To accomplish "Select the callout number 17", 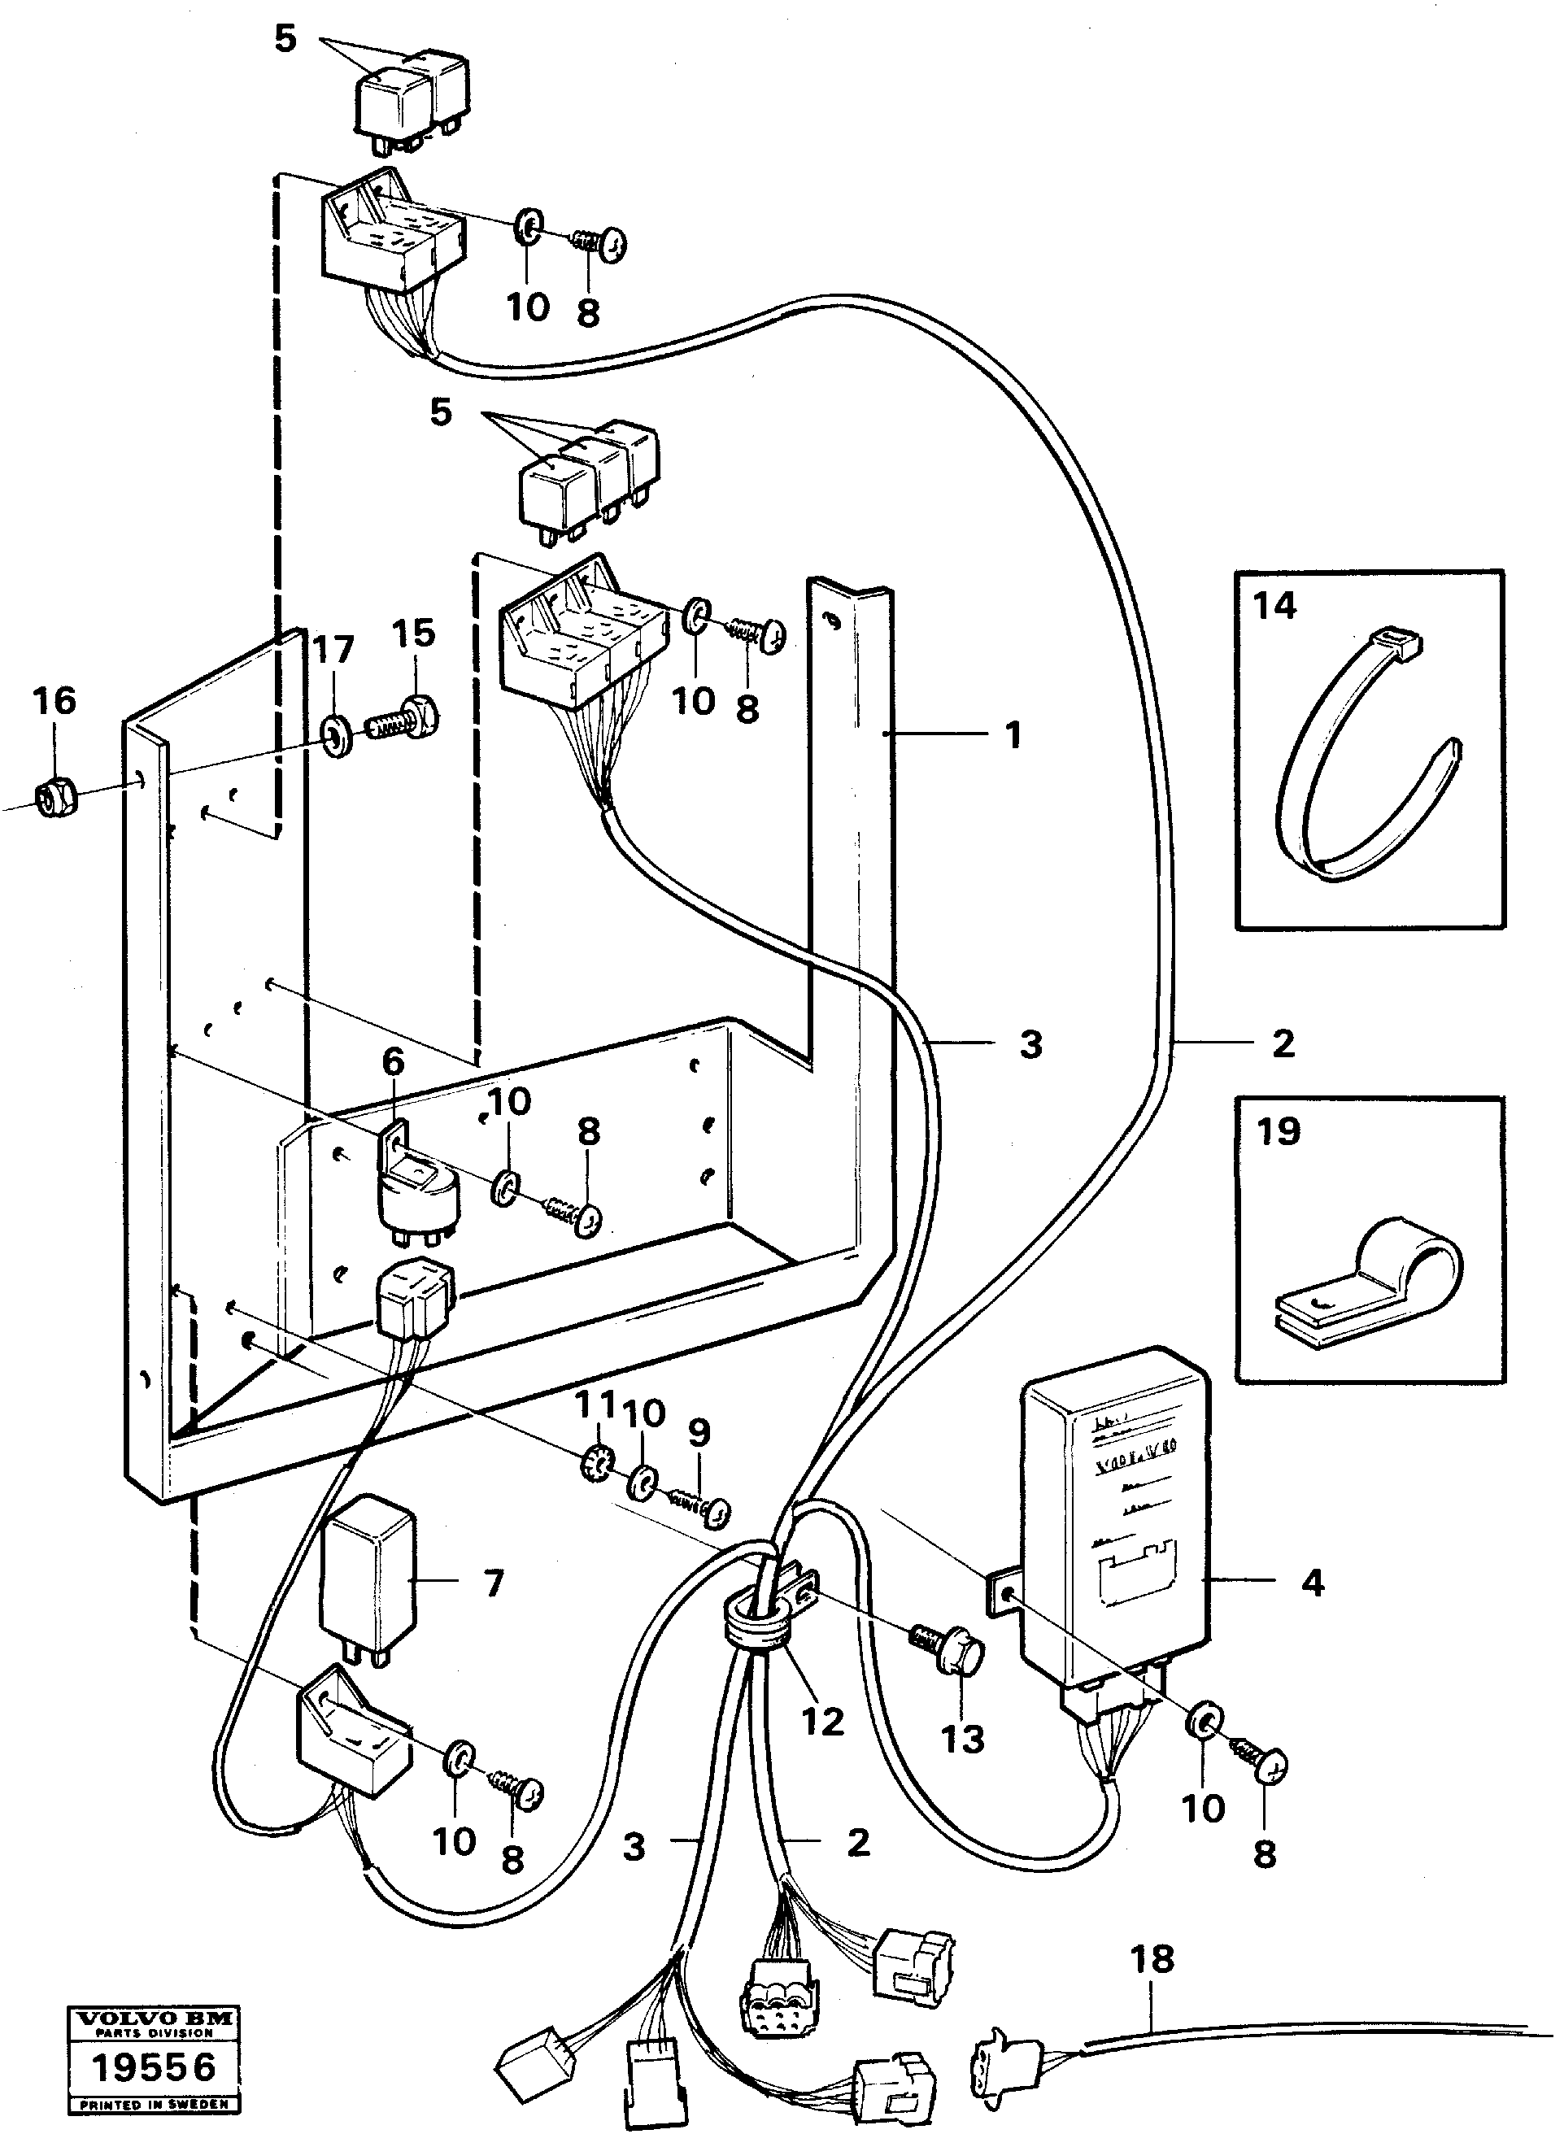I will (333, 650).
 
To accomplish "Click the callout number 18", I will (1152, 1960).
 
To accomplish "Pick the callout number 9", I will (699, 1431).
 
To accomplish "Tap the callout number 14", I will (1274, 605).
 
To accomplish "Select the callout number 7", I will (494, 1583).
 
